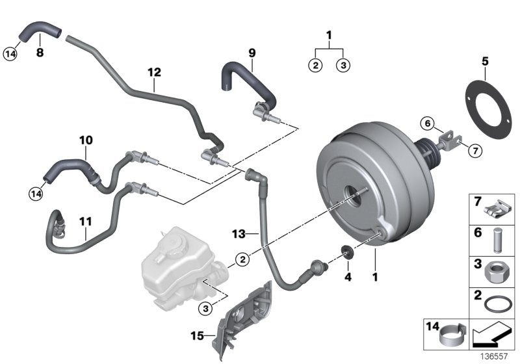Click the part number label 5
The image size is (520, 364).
pos(484,62)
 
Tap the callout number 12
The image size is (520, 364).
pos(153,73)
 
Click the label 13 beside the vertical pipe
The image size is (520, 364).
pos(239,232)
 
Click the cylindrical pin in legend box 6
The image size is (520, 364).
pos(497,239)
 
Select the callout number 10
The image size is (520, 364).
pos(86,140)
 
